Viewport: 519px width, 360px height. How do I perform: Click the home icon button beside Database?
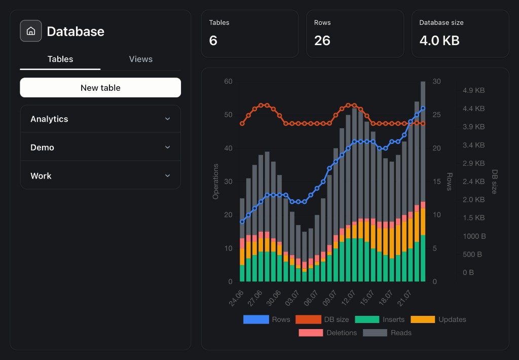pyautogui.click(x=31, y=31)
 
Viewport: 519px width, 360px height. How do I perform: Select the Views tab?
pyautogui.click(x=141, y=59)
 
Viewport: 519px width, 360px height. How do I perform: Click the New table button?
pyautogui.click(x=100, y=87)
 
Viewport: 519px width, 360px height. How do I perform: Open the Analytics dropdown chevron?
pyautogui.click(x=167, y=119)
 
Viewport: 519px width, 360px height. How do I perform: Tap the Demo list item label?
pyautogui.click(x=42, y=148)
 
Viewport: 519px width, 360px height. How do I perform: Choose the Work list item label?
pyautogui.click(x=41, y=176)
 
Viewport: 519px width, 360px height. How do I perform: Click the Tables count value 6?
pyautogui.click(x=213, y=41)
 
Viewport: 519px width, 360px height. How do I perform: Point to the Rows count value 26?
pyautogui.click(x=322, y=41)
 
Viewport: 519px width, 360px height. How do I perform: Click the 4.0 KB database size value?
pyautogui.click(x=439, y=41)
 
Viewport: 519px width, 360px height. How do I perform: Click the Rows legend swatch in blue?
pyautogui.click(x=256, y=319)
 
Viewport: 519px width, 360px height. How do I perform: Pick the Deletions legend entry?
pyautogui.click(x=328, y=333)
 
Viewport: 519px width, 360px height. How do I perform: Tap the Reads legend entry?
pyautogui.click(x=387, y=333)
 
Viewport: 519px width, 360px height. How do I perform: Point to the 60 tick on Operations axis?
pyautogui.click(x=228, y=81)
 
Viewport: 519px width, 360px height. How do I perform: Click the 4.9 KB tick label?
pyautogui.click(x=474, y=90)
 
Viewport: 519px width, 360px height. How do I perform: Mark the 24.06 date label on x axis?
pyautogui.click(x=236, y=298)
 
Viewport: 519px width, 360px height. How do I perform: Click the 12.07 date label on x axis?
pyautogui.click(x=348, y=298)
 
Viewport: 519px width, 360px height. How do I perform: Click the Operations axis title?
pyautogui.click(x=215, y=182)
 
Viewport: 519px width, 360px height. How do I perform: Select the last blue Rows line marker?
pyautogui.click(x=423, y=109)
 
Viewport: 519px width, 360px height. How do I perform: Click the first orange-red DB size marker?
pyautogui.click(x=242, y=124)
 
